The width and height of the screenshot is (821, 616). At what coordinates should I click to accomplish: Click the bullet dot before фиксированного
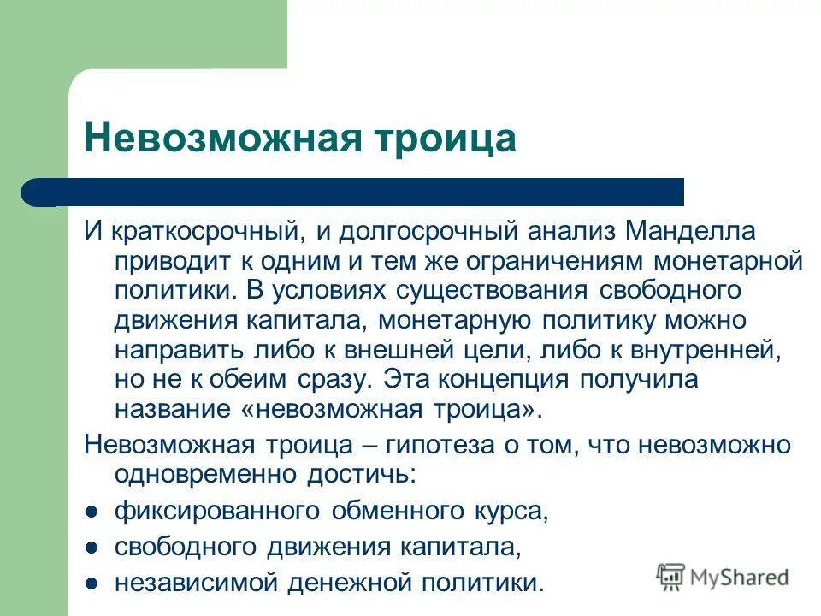(x=92, y=512)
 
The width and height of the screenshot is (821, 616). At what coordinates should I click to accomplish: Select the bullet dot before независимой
(x=92, y=583)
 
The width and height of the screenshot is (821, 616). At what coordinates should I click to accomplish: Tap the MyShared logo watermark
(x=723, y=577)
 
